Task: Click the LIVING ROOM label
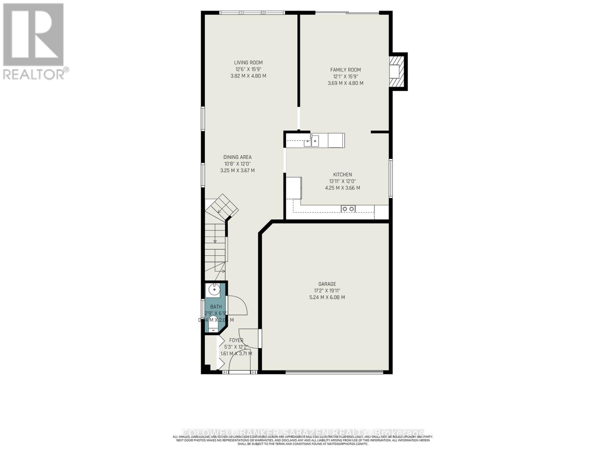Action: (x=248, y=62)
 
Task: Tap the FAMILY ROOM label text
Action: (x=345, y=70)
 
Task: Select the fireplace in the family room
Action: (x=398, y=71)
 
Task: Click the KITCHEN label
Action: (x=342, y=174)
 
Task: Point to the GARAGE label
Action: (x=327, y=284)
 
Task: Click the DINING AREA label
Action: (x=237, y=157)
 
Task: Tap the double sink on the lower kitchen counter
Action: (x=348, y=208)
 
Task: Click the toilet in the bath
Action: (x=214, y=325)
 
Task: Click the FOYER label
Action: (x=236, y=340)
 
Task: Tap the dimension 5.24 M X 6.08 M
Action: (x=327, y=297)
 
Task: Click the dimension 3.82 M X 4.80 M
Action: (x=248, y=76)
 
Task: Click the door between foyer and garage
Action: (x=260, y=338)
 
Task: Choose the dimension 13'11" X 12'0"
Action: (x=342, y=181)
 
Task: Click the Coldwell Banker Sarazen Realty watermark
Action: (x=303, y=432)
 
